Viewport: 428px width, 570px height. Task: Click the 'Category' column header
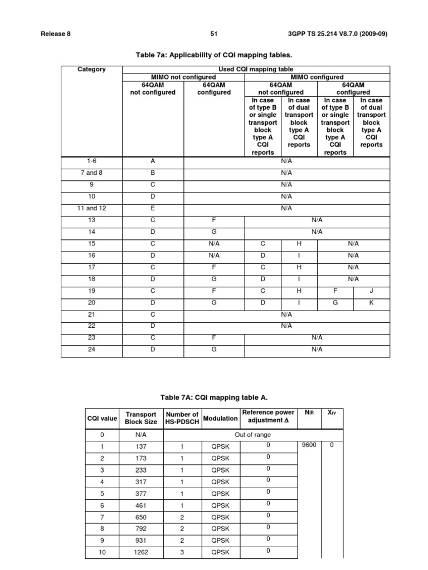click(x=91, y=70)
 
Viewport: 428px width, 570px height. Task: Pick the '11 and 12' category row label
click(x=91, y=208)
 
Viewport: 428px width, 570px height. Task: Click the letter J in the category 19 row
click(x=371, y=290)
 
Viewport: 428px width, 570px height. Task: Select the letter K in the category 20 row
click(x=371, y=302)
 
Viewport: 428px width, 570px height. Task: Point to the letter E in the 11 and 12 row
click(x=152, y=208)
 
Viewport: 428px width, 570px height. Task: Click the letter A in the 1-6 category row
click(x=152, y=161)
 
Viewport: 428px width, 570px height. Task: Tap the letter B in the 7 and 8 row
click(x=152, y=173)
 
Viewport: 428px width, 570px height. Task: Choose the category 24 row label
click(x=91, y=349)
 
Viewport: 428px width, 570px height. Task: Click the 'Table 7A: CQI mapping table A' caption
click(x=214, y=397)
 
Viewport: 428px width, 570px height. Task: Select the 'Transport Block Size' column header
click(x=141, y=418)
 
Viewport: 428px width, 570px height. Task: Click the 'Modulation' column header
click(x=220, y=418)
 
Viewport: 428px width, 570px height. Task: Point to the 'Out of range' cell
click(x=252, y=435)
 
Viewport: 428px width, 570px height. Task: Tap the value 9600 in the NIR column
click(x=308, y=445)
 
